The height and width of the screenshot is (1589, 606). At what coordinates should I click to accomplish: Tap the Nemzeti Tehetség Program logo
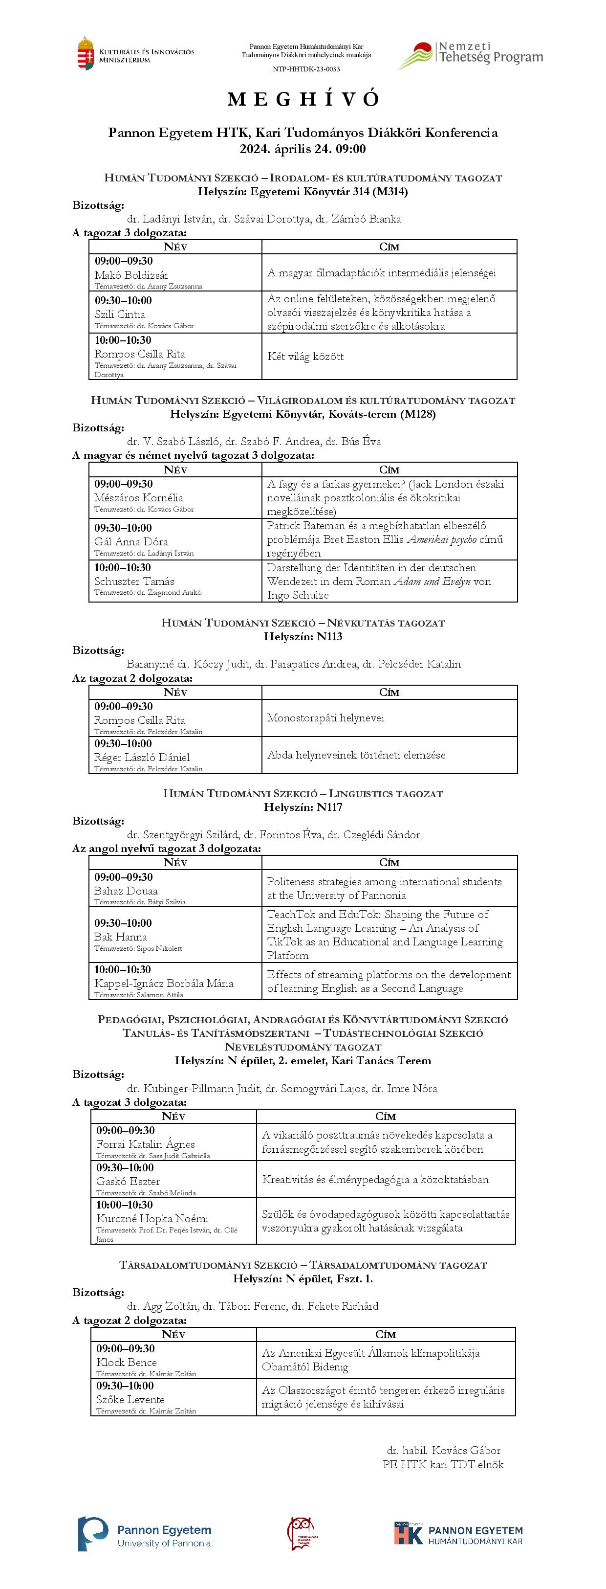[470, 54]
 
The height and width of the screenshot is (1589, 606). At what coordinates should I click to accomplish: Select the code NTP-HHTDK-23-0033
[306, 69]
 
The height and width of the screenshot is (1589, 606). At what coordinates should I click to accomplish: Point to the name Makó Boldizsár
[131, 275]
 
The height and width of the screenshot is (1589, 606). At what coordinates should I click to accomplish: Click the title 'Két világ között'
[305, 357]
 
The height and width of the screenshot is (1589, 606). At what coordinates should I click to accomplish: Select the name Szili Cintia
[120, 314]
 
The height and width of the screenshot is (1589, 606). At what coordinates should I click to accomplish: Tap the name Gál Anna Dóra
[130, 541]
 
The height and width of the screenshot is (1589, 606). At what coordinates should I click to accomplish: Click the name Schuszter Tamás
[134, 581]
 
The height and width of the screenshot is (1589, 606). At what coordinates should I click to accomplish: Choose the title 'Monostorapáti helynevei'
[325, 718]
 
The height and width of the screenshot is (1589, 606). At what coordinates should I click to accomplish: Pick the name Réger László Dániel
[142, 758]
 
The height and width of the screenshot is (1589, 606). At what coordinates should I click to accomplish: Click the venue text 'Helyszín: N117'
[303, 807]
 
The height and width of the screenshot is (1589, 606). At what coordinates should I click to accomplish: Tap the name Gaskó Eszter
[128, 1181]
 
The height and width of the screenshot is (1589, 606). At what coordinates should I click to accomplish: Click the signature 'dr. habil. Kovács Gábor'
[443, 1450]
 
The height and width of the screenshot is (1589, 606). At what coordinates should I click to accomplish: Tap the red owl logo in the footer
[302, 1533]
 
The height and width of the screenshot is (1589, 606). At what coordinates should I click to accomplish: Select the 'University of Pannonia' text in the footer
[164, 1544]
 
